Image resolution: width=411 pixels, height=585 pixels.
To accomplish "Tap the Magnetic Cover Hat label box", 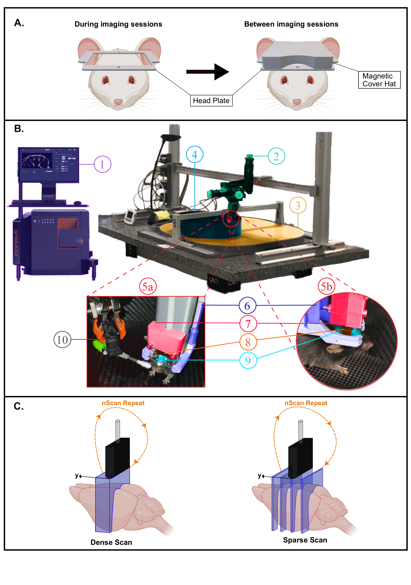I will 379,80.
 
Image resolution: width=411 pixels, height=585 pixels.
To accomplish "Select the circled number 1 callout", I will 102,164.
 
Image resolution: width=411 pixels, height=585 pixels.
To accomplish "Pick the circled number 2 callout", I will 276,156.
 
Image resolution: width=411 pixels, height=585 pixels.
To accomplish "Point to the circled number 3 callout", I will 298,205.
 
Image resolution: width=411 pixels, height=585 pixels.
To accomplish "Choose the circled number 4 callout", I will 194,154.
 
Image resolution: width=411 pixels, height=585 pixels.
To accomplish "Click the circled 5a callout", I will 148,286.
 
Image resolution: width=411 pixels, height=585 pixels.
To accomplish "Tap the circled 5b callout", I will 326,286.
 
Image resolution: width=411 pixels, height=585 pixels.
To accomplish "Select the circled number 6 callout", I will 247,305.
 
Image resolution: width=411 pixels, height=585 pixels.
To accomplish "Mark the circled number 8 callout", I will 248,342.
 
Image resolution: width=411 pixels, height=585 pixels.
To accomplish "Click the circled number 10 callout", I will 62,339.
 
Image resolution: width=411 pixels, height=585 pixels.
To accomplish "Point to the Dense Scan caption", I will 111,542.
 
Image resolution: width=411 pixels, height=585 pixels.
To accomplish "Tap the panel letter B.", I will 19,129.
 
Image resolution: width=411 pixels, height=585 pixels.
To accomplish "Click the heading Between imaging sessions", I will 291,24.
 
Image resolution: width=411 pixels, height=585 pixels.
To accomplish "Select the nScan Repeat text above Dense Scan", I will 123,403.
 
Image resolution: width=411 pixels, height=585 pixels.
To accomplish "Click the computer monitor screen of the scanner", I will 48,165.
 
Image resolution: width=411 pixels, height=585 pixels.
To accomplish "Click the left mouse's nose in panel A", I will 118,102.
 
